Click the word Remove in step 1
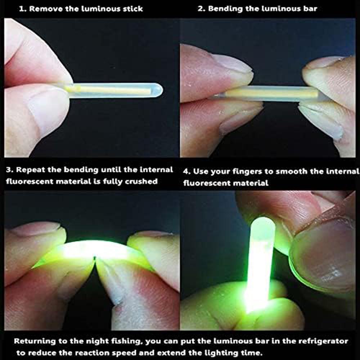[x=42, y=9]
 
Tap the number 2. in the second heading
[x=201, y=9]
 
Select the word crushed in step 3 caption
[x=141, y=181]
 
